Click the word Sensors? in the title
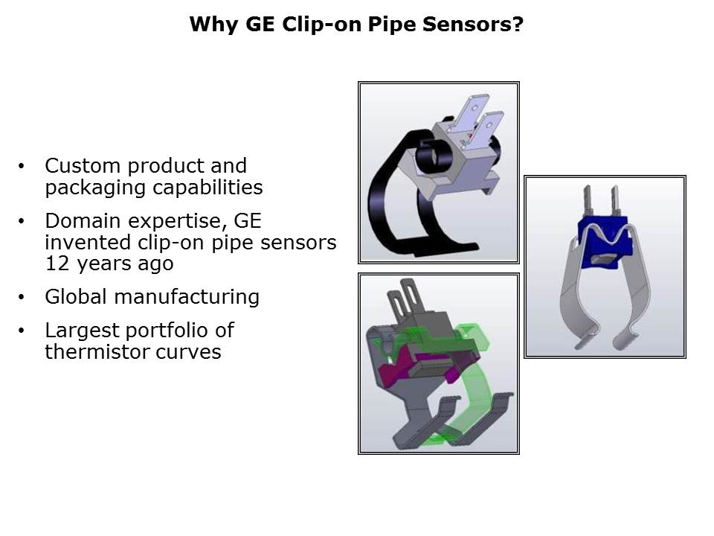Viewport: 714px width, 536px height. tap(473, 24)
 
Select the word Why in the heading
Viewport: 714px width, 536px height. tap(213, 25)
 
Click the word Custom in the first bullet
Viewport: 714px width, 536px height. tap(82, 166)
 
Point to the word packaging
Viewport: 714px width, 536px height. tap(95, 188)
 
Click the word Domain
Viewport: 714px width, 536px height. tap(83, 221)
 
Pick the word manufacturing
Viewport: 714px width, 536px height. tap(187, 298)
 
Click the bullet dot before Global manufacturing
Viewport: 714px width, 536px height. tap(22, 297)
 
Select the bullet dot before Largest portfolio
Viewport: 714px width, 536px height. tap(22, 331)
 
